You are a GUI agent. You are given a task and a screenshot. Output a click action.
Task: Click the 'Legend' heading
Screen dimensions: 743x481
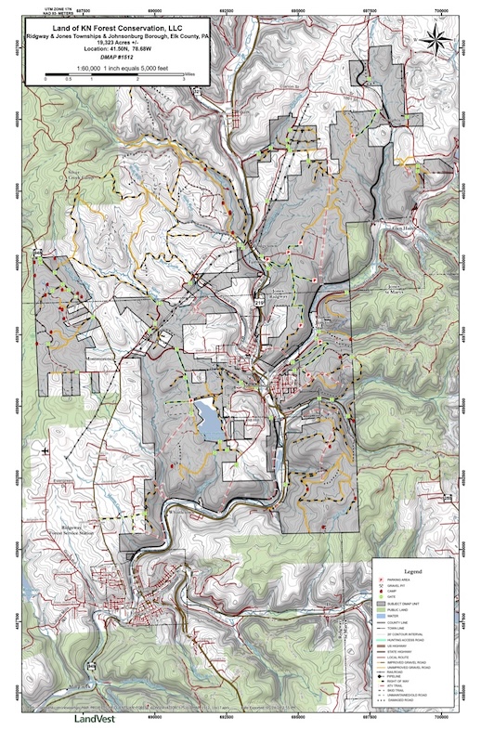(415, 570)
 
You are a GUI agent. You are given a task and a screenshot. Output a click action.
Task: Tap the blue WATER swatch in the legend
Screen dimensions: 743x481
(383, 617)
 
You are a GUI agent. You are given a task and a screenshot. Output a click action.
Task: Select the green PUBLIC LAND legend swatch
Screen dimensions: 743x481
(383, 610)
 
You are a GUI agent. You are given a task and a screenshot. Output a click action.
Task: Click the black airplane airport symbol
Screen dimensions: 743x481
(45, 451)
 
